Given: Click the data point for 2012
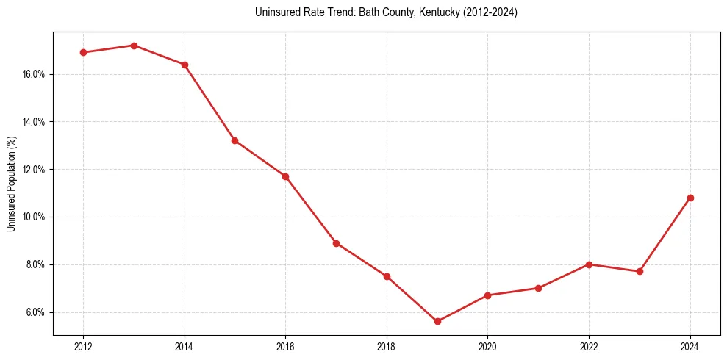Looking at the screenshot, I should click(x=83, y=52).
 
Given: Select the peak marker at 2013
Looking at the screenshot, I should click(x=134, y=46).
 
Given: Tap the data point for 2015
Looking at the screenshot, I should click(x=234, y=140).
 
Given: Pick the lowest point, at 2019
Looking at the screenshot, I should click(x=437, y=321).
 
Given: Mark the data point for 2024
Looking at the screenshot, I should click(x=690, y=198).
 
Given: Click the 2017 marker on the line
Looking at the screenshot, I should click(x=336, y=243).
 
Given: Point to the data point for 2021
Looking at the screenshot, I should click(x=538, y=288).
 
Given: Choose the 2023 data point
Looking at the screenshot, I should click(x=640, y=271).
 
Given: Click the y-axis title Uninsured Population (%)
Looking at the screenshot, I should click(x=12, y=184).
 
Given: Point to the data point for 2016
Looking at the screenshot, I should click(x=285, y=176).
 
